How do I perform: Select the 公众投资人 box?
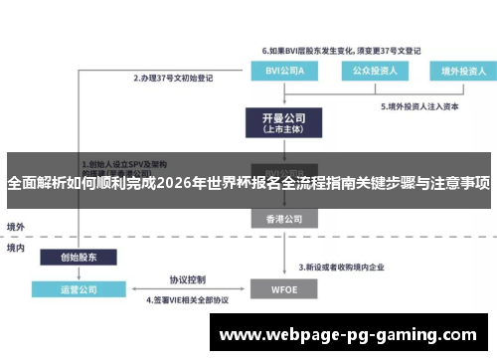[369, 71]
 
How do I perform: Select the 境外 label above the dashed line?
[16, 226]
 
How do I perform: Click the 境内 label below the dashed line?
[16, 248]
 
